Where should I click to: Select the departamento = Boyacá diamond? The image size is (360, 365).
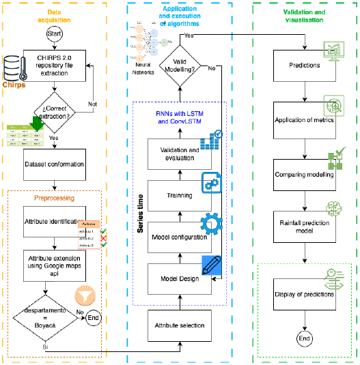click(42, 317)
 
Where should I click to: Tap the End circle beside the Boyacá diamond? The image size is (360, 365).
click(94, 317)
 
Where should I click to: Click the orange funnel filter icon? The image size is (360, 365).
click(85, 298)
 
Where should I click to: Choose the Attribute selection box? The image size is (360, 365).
click(180, 326)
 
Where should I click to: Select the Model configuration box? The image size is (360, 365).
click(180, 236)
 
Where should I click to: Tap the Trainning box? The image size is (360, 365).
click(180, 195)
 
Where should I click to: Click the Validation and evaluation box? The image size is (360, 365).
click(180, 154)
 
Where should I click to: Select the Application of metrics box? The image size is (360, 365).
click(305, 121)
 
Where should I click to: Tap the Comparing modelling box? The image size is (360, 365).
click(305, 175)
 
